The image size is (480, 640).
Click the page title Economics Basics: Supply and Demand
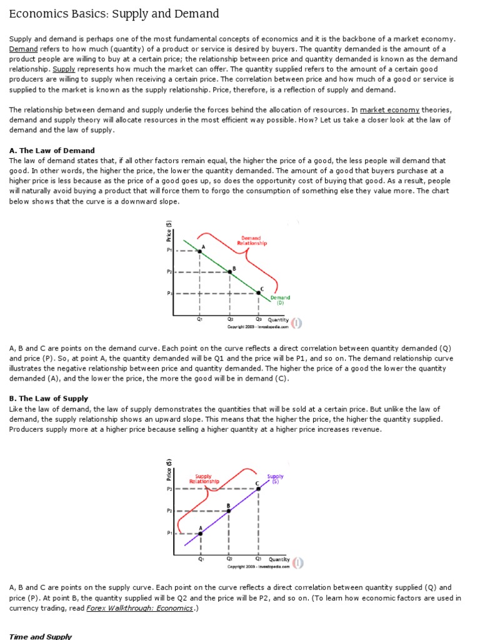(114, 14)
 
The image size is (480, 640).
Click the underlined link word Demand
(23, 49)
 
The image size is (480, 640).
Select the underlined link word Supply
(64, 69)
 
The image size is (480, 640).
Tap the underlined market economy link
(389, 110)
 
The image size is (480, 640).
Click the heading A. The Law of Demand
(52, 151)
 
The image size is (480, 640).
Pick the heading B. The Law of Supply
(49, 398)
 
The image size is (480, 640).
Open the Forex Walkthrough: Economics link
(140, 608)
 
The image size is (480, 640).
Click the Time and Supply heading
(41, 636)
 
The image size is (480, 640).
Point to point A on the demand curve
(199, 251)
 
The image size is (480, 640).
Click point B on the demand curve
(229, 272)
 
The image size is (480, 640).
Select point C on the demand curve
(259, 292)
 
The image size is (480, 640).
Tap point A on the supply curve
(200, 532)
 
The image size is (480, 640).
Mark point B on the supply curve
(229, 511)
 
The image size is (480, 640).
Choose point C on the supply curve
(258, 488)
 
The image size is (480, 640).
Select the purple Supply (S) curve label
(275, 478)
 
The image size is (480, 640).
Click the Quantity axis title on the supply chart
(279, 559)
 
